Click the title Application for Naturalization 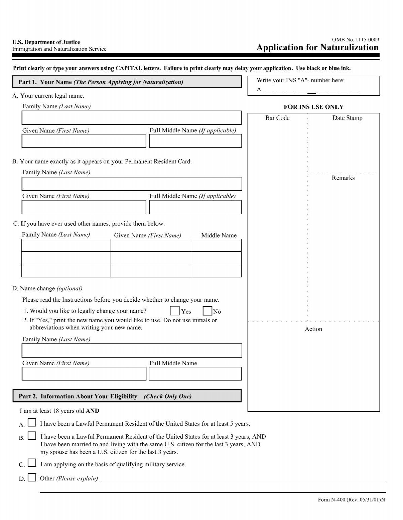[x=317, y=48]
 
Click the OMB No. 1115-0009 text [x=356, y=40]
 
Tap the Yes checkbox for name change [x=175, y=311]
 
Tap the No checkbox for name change [x=207, y=311]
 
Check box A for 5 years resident [x=32, y=423]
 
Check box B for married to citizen [x=32, y=436]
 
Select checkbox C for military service [x=32, y=463]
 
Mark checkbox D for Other [x=32, y=477]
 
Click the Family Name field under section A [x=132, y=118]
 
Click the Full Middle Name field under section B [x=195, y=207]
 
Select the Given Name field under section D [x=84, y=374]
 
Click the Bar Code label [x=277, y=118]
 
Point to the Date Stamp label [x=347, y=118]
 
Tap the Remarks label [x=343, y=178]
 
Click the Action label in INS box [x=313, y=329]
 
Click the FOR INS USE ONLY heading [x=314, y=107]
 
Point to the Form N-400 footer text [x=351, y=500]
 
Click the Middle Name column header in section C [x=219, y=236]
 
